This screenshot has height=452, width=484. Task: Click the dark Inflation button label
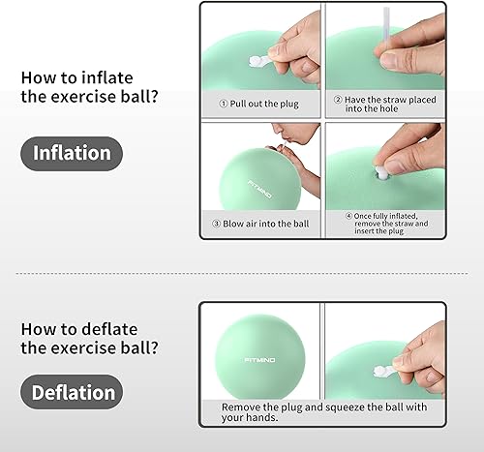73,153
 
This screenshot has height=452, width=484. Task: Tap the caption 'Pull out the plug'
257,101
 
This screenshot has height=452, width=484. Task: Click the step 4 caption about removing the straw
385,225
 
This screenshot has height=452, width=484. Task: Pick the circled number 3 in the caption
217,225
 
